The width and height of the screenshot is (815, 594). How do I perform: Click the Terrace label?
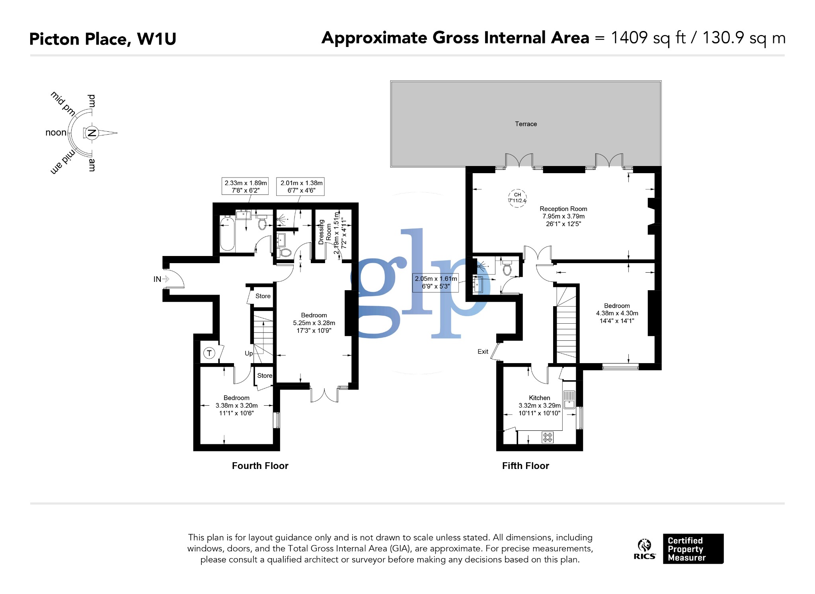pyautogui.click(x=526, y=124)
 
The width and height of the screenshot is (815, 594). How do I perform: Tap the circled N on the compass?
pyautogui.click(x=92, y=133)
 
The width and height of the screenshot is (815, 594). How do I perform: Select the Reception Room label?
pyautogui.click(x=563, y=209)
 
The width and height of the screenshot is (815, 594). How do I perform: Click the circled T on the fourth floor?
pyautogui.click(x=209, y=353)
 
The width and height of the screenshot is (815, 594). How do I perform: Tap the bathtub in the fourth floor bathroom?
pyautogui.click(x=227, y=233)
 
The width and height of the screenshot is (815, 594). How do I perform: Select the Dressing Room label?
pyautogui.click(x=325, y=232)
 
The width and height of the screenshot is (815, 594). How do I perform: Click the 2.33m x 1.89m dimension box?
pyautogui.click(x=245, y=186)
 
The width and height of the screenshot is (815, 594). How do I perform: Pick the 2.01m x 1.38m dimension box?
pyautogui.click(x=301, y=186)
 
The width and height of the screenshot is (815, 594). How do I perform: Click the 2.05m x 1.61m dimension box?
pyautogui.click(x=435, y=282)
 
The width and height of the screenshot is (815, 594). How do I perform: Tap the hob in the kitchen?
pyautogui.click(x=548, y=437)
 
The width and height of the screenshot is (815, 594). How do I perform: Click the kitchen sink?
pyautogui.click(x=569, y=399)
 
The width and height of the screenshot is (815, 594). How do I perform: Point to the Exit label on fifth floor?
pyautogui.click(x=483, y=352)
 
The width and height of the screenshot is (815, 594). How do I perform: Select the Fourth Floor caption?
pyautogui.click(x=260, y=466)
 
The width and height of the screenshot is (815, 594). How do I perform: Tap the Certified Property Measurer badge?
pyautogui.click(x=693, y=549)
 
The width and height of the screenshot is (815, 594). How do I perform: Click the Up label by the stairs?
pyautogui.click(x=249, y=353)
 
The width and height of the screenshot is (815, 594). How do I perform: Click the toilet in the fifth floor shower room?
pyautogui.click(x=507, y=269)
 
